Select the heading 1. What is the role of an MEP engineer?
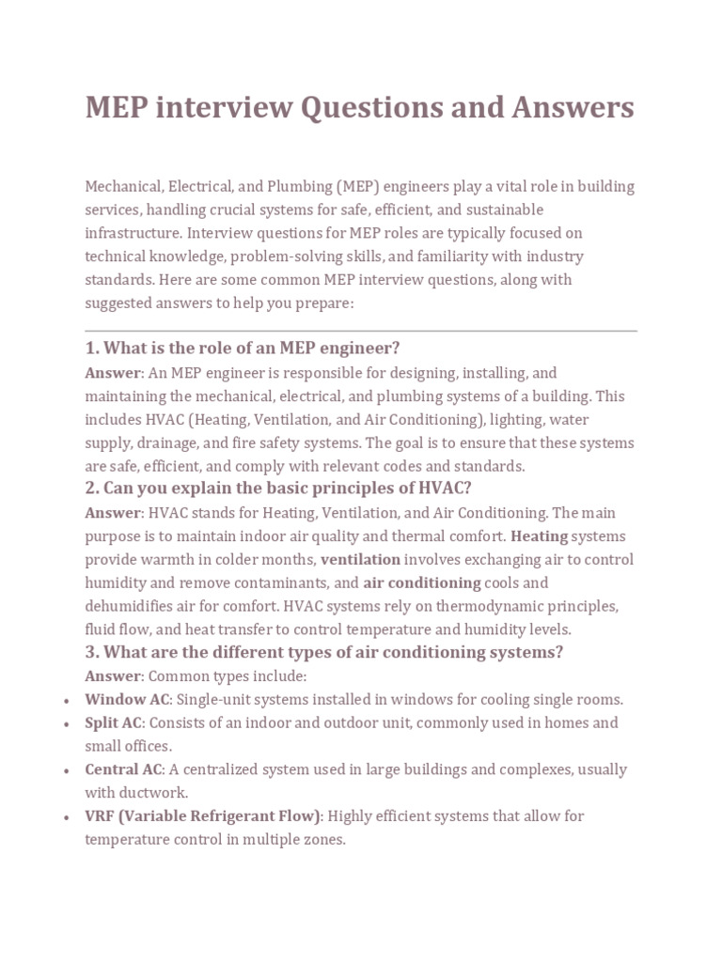point(244,349)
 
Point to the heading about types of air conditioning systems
point(323,652)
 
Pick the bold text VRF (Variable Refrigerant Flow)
point(203,815)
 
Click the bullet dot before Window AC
point(64,701)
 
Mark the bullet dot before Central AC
point(64,771)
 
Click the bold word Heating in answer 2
point(539,535)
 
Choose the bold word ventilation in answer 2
point(360,559)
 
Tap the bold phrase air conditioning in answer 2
point(421,582)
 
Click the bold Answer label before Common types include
point(112,675)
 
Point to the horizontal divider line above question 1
point(361,331)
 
